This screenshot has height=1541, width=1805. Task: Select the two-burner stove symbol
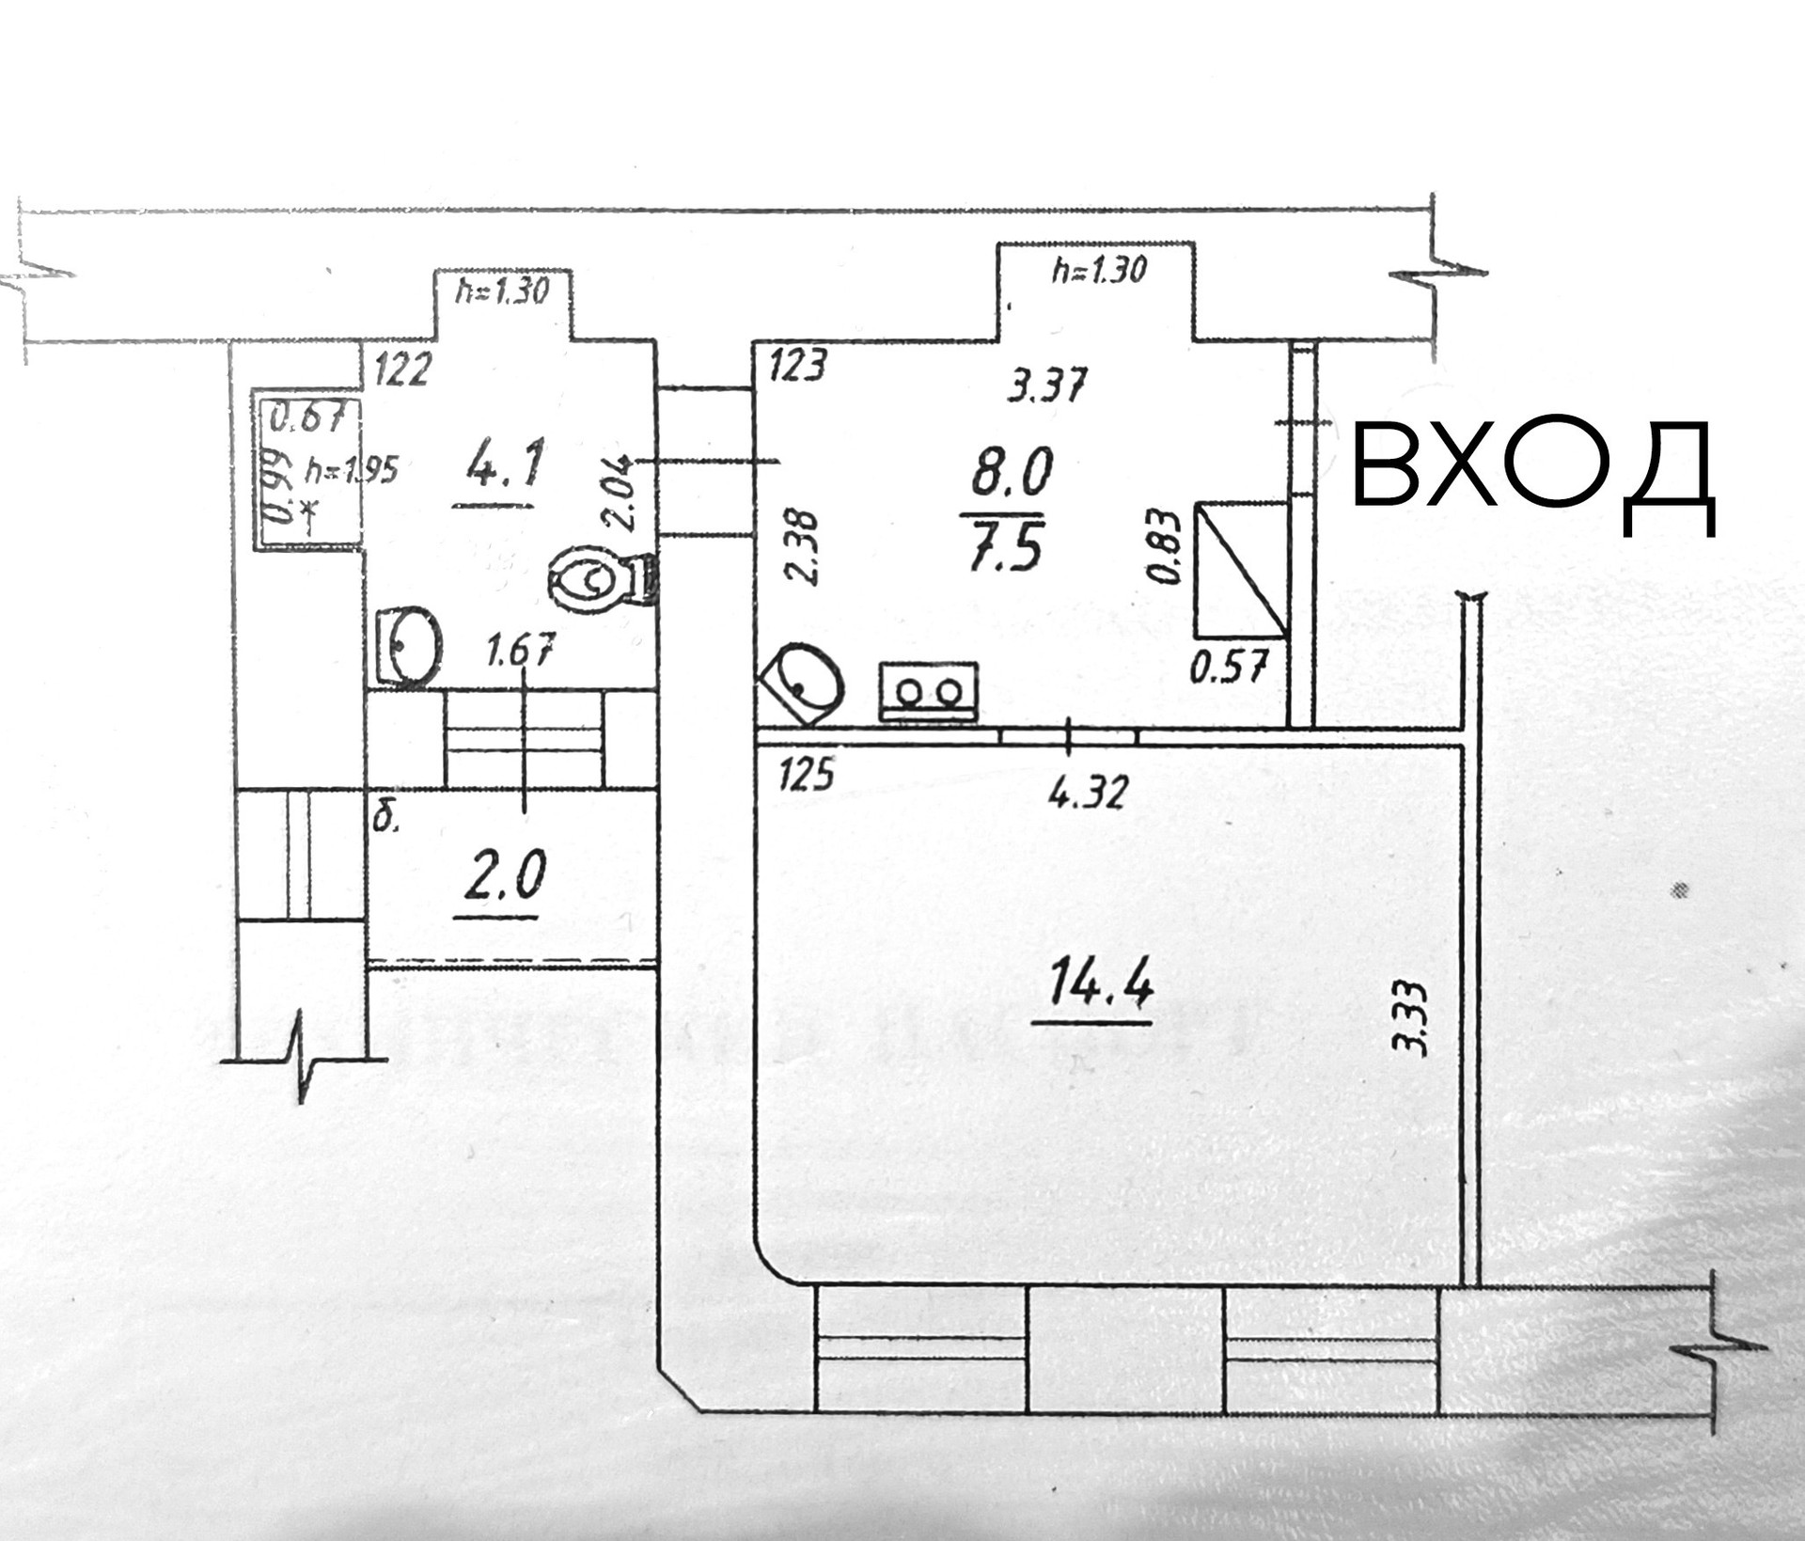(x=928, y=692)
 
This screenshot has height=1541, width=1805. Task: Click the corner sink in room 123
(x=802, y=683)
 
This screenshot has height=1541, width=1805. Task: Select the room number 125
(x=807, y=776)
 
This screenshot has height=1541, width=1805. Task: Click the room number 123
(x=797, y=366)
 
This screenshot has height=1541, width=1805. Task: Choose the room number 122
(x=402, y=369)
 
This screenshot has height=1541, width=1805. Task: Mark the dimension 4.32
(x=1087, y=794)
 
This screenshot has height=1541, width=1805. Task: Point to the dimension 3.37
(x=1046, y=385)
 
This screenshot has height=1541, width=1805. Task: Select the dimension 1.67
(x=521, y=651)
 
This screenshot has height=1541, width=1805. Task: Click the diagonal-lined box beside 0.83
(x=1240, y=570)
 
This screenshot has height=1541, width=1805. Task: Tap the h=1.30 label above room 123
(x=1098, y=271)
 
